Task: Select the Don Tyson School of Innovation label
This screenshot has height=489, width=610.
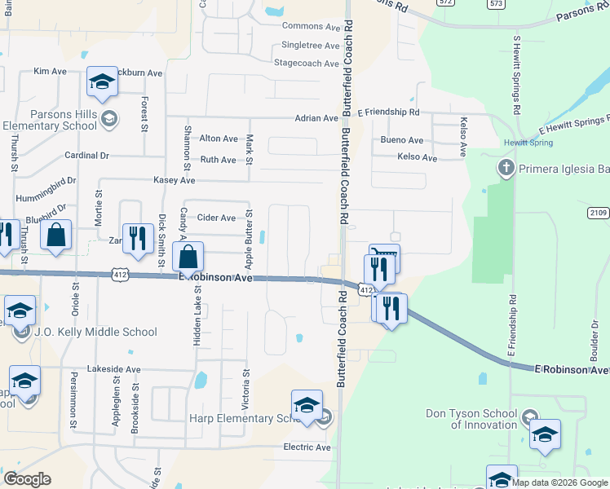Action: [x=471, y=419]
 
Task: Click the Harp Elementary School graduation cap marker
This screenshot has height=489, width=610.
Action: [x=307, y=405]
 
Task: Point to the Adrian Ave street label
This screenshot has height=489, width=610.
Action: [x=316, y=118]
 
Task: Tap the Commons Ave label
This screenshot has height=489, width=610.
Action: [x=310, y=27]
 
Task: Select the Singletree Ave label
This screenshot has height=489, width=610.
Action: [x=310, y=46]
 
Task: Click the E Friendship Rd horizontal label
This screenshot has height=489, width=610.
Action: [x=388, y=112]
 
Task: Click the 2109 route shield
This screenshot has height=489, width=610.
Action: [x=598, y=213]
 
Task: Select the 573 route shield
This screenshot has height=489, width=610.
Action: [x=496, y=4]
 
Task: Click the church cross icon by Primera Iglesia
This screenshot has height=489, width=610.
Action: [x=505, y=169]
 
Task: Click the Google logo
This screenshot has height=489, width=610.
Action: [x=27, y=479]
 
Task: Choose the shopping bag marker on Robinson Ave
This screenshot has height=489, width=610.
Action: [x=188, y=258]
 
